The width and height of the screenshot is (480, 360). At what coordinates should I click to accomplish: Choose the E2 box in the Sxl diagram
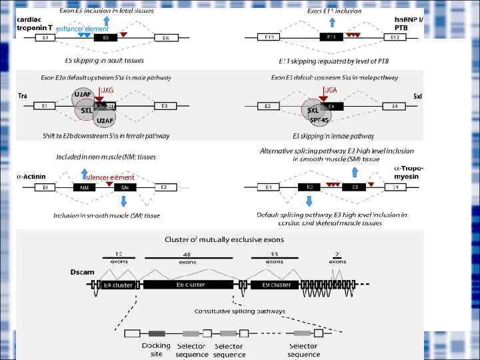point(268,105)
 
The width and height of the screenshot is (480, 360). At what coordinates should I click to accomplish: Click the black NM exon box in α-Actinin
point(84,187)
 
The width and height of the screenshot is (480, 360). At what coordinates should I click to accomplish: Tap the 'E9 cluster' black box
point(273,285)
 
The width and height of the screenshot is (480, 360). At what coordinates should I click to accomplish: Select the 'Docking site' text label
point(156,349)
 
